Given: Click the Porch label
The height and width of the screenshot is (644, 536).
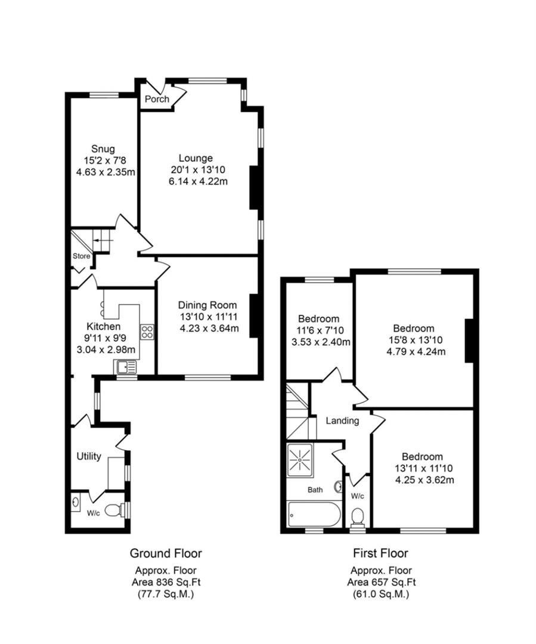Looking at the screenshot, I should click(157, 99).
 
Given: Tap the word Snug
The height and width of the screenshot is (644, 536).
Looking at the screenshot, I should click(103, 148).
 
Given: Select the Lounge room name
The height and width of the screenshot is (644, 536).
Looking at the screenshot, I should click(199, 158).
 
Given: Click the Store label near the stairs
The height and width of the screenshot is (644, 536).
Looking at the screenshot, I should click(81, 256).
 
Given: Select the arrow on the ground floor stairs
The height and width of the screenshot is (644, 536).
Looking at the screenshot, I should click(101, 240).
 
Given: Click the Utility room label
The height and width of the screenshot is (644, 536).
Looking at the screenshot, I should click(88, 457).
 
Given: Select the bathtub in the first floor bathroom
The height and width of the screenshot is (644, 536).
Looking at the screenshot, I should click(314, 514).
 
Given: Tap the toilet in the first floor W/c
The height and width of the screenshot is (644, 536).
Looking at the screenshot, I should click(358, 516).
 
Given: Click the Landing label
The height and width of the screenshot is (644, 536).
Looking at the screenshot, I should click(342, 420).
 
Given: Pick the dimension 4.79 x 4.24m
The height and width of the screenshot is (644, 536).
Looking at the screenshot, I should click(413, 351).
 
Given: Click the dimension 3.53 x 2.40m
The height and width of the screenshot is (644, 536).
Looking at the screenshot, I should click(320, 342).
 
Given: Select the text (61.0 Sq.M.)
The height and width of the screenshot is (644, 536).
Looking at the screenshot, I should click(380, 595).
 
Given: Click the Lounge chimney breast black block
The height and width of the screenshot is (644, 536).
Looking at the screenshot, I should click(253, 188).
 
